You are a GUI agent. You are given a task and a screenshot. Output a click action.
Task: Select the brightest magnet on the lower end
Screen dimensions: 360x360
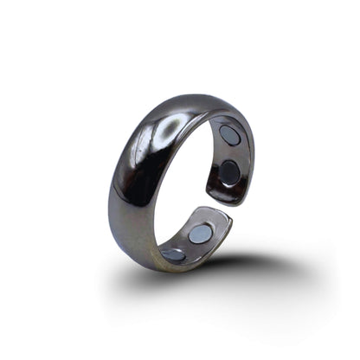201,233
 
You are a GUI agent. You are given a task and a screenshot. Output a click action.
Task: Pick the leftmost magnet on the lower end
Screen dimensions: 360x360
173,254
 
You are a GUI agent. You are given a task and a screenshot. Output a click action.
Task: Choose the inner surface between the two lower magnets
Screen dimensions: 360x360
187,244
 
